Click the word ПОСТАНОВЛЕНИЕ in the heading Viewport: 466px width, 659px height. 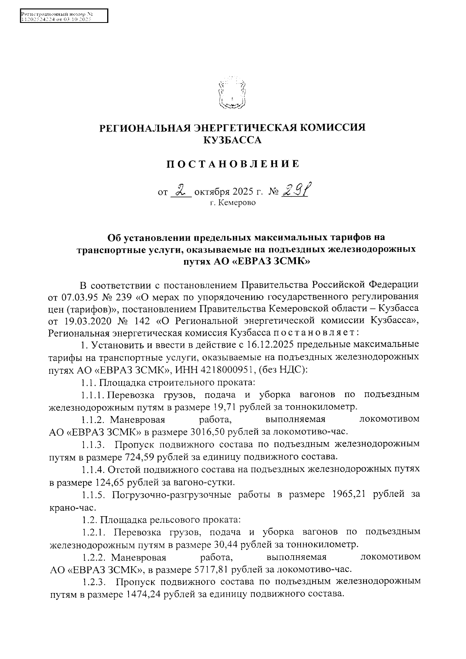(233, 164)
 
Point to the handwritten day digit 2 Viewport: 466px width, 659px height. (181, 190)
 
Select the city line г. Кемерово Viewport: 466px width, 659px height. (233, 203)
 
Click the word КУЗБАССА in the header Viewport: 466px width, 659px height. (233, 140)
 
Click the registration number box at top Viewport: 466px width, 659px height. (64, 17)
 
